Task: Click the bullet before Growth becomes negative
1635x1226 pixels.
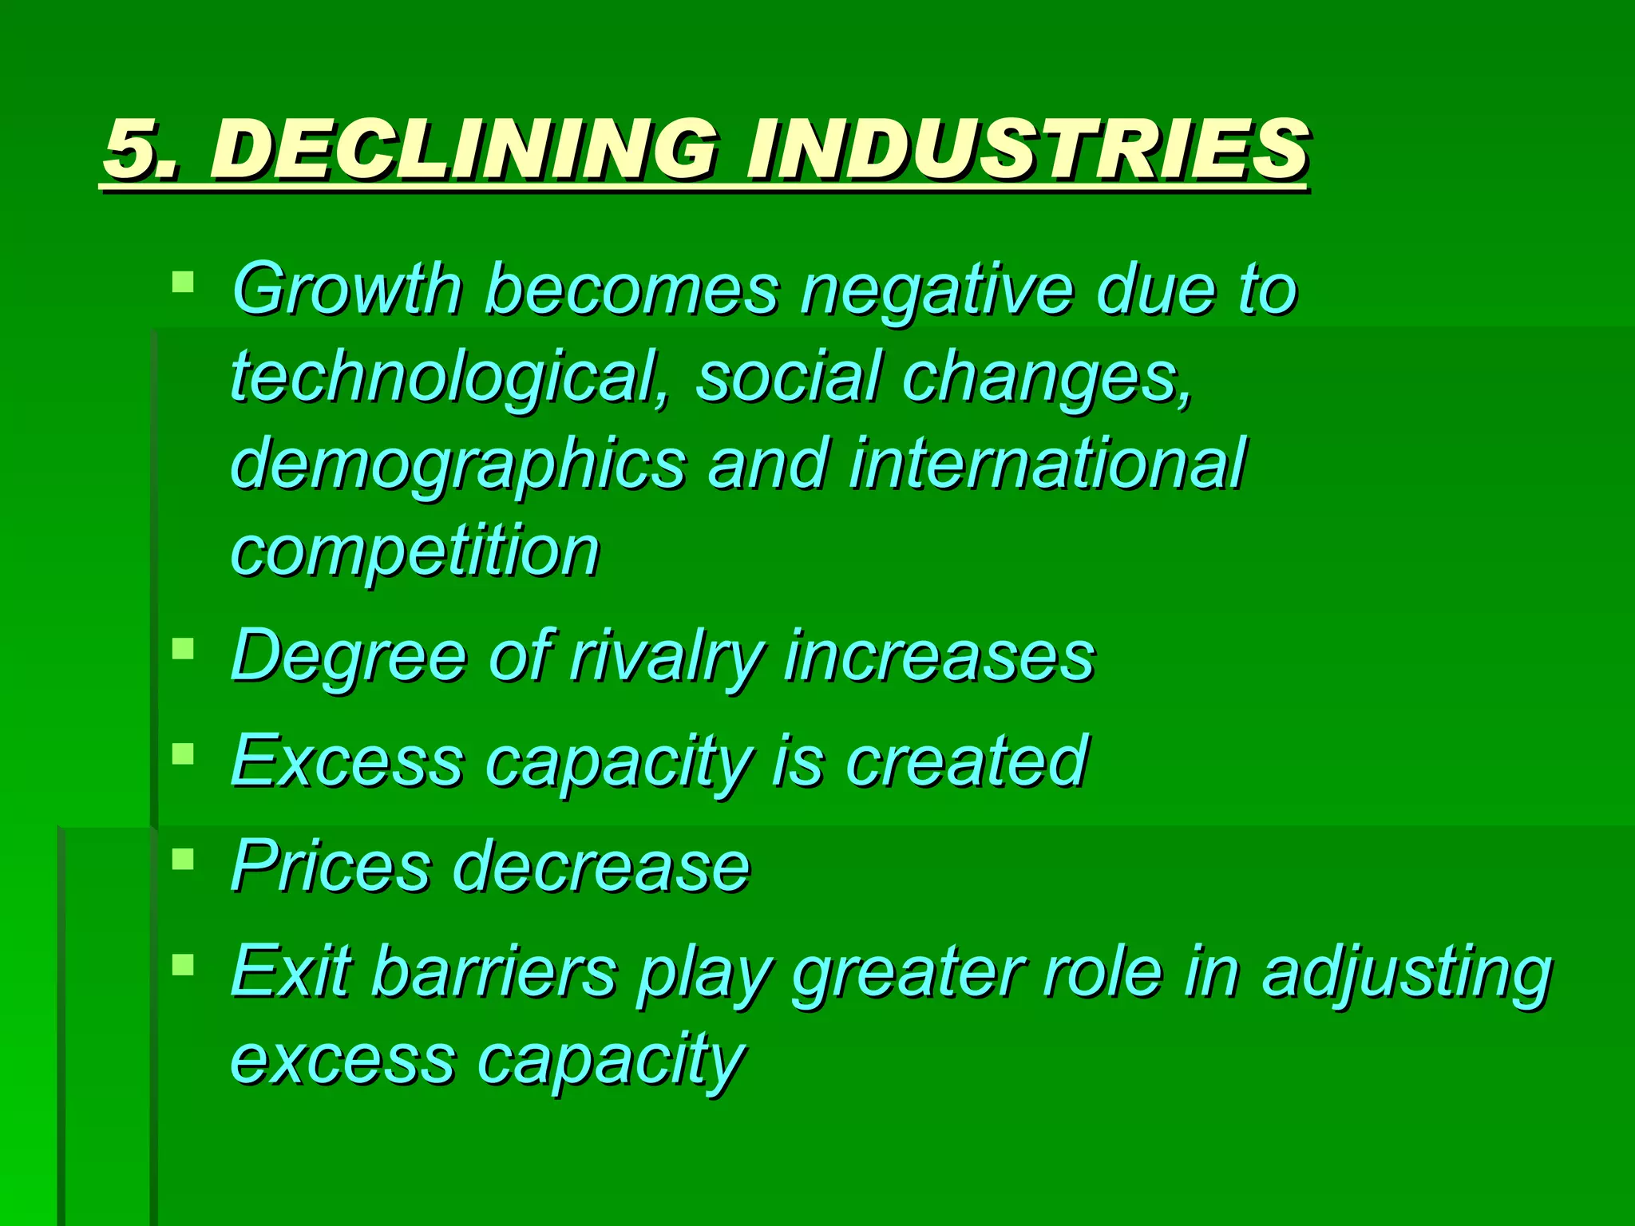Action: coord(183,281)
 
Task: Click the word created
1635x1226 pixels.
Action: coord(967,761)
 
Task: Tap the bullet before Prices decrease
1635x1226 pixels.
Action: coord(183,858)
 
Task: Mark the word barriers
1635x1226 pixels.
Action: coord(495,971)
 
